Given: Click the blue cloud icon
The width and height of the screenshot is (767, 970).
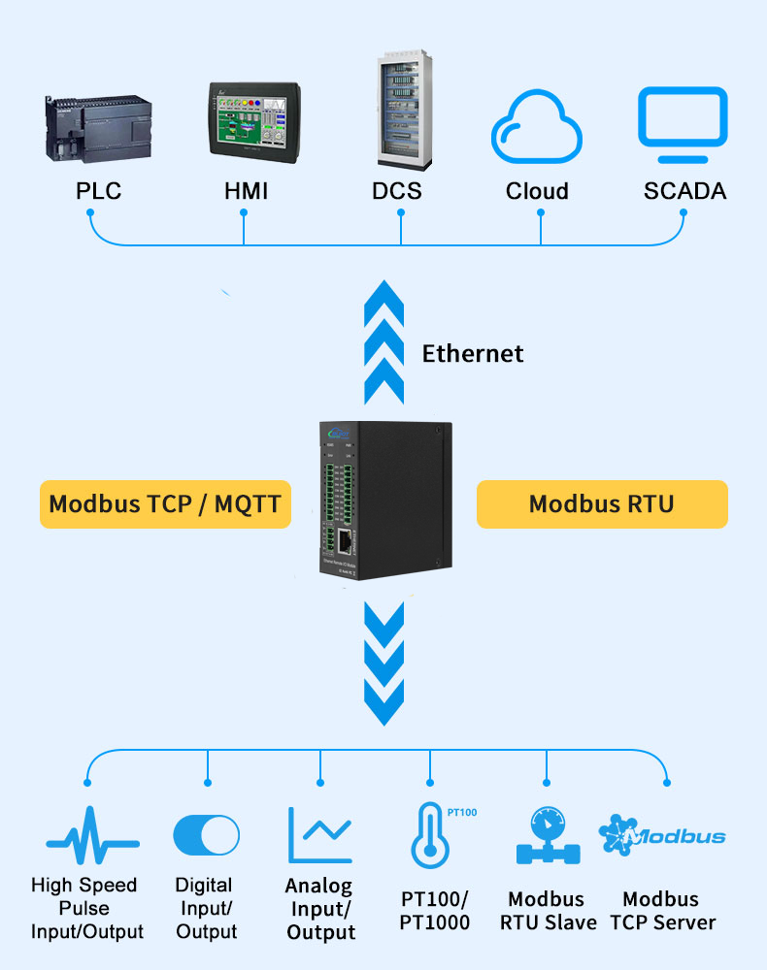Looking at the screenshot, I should click(536, 129).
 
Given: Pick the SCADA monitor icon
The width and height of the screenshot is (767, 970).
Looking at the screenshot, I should click(682, 124).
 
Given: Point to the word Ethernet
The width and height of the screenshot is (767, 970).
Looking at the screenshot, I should click(473, 354).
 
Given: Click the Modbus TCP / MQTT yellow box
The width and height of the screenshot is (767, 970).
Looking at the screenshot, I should click(165, 504).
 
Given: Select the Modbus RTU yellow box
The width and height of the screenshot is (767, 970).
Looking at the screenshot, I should click(601, 504).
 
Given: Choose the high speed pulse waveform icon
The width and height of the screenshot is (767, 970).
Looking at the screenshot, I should click(92, 835).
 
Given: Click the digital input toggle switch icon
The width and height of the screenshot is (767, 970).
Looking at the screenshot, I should click(206, 835).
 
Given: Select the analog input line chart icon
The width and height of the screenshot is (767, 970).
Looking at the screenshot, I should click(319, 834).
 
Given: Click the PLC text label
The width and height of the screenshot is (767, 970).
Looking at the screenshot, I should click(99, 191).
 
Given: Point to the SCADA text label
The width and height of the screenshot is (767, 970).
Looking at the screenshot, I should click(684, 191).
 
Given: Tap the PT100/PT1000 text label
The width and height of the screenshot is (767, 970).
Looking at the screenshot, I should click(434, 911).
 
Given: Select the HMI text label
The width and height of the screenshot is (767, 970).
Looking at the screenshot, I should click(246, 191).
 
